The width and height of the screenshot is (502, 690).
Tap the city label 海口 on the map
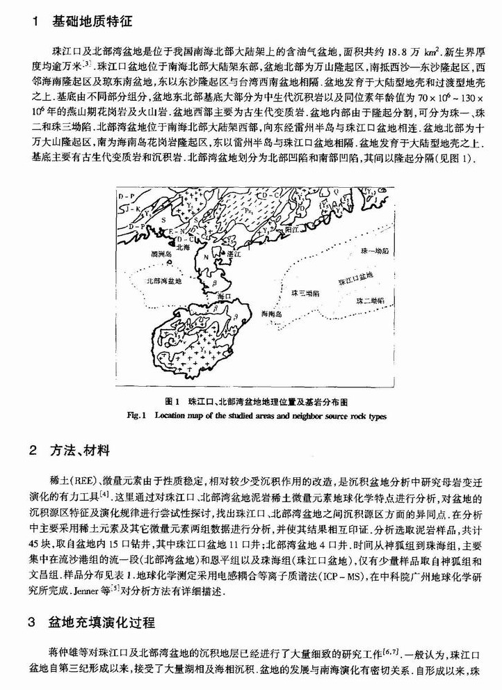point(224,296)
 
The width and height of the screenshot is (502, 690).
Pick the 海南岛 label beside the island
point(273,314)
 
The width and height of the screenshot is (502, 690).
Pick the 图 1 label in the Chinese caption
point(173,402)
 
